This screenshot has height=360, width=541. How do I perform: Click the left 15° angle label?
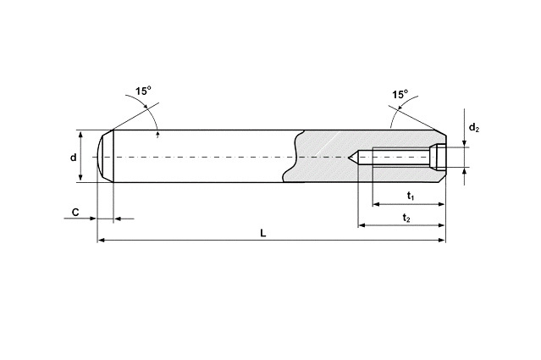143,91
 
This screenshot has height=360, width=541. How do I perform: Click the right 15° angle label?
400,94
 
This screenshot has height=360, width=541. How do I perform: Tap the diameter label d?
73,158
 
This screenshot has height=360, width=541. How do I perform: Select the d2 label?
474,128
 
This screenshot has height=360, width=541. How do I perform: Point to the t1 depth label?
411,196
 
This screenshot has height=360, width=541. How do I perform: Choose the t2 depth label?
406,218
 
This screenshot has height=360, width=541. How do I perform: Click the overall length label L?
263,233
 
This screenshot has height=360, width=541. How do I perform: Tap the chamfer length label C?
75,212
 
